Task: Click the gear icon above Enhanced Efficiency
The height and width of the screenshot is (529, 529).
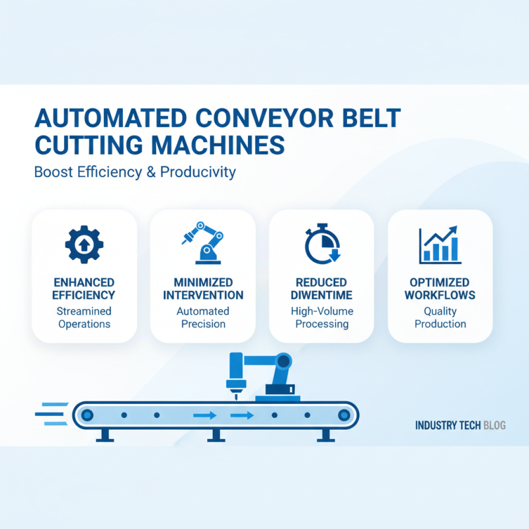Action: [84, 243]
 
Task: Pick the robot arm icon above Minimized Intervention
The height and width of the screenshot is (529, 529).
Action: [202, 241]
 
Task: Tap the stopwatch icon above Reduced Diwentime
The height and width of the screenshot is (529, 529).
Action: [321, 243]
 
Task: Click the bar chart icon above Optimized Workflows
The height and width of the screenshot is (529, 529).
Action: [440, 243]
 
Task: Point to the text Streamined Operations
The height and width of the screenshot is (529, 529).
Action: [84, 317]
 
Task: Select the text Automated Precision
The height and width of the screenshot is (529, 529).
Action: [203, 317]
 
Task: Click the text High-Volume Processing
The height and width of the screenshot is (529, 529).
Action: [321, 317]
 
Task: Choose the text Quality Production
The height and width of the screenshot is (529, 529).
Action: [440, 317]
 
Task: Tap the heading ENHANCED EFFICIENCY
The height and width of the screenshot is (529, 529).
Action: [84, 288]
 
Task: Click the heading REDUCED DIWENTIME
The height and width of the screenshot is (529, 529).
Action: [321, 288]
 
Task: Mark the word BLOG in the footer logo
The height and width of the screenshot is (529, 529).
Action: [494, 425]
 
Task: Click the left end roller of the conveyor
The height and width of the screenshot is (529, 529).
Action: [87, 415]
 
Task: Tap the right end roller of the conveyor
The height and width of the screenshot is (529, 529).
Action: [343, 415]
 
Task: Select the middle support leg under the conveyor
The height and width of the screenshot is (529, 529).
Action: [214, 434]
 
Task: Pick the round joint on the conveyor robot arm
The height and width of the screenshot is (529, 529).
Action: [284, 361]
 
